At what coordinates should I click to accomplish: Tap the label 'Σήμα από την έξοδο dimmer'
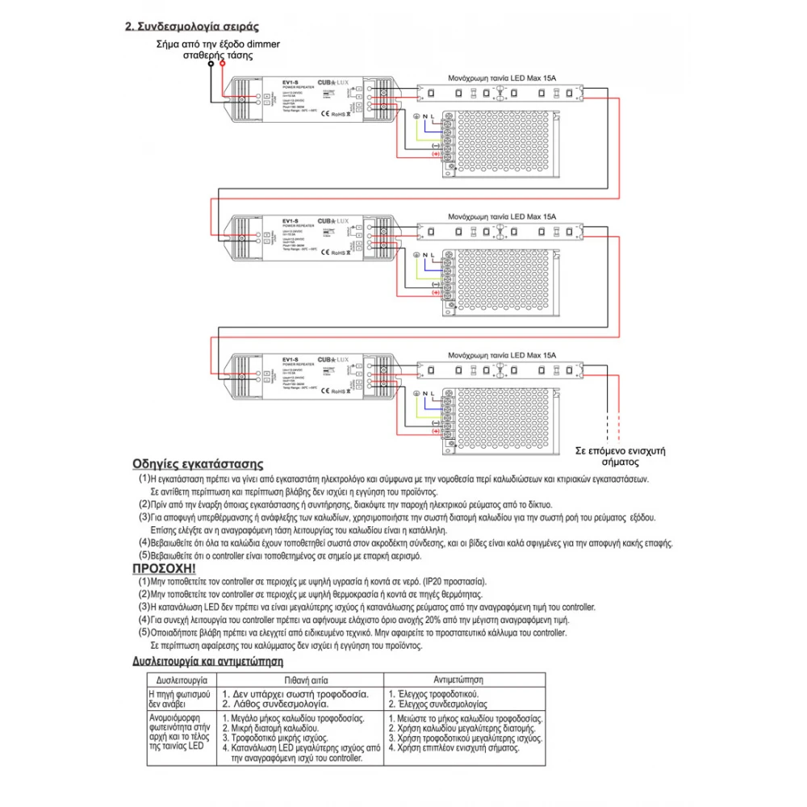pos(218,45)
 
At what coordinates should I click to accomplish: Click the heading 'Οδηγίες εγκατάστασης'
pos(199,464)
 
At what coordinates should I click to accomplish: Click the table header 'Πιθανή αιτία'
pos(297,679)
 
